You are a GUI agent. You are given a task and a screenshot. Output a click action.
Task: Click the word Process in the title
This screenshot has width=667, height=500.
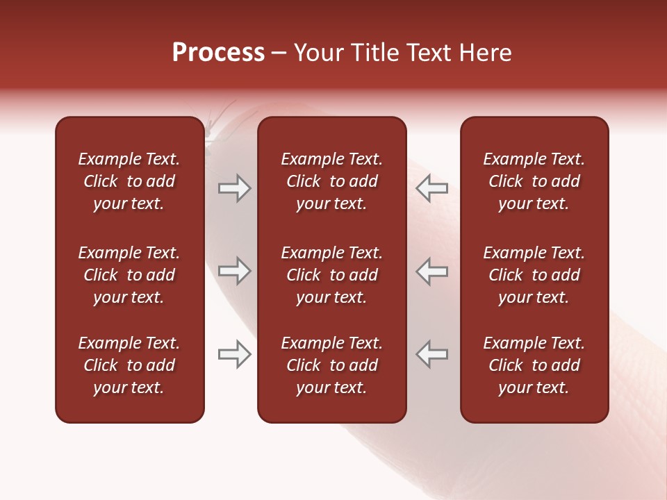click(218, 53)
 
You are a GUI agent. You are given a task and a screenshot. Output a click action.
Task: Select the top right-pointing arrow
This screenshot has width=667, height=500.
click(235, 187)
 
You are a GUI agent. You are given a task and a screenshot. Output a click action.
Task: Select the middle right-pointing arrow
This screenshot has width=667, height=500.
click(235, 271)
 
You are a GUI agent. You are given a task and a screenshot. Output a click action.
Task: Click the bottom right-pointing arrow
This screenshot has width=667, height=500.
click(235, 354)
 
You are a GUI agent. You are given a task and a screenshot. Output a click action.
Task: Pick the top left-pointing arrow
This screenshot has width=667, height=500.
click(432, 187)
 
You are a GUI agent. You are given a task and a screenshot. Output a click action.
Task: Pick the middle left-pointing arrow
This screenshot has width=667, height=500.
click(432, 271)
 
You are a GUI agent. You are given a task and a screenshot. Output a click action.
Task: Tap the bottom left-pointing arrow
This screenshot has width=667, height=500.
click(432, 354)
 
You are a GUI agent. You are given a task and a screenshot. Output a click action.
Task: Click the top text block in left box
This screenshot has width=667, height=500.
click(129, 181)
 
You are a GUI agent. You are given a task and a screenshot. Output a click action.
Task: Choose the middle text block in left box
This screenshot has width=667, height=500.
click(129, 275)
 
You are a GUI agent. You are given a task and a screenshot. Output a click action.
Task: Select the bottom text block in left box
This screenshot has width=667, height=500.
click(129, 365)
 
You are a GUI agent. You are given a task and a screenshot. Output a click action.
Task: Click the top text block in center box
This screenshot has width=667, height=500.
click(332, 181)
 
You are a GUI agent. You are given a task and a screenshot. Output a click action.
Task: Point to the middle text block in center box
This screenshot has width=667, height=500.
click(332, 275)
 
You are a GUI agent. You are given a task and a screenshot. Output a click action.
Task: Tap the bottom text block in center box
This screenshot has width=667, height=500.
click(332, 365)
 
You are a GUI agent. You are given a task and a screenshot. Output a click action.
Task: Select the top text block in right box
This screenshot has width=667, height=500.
click(534, 181)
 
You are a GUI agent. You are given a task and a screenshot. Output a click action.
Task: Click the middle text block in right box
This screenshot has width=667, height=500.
click(534, 275)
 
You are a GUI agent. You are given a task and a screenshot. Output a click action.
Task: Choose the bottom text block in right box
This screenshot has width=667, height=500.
click(534, 365)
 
